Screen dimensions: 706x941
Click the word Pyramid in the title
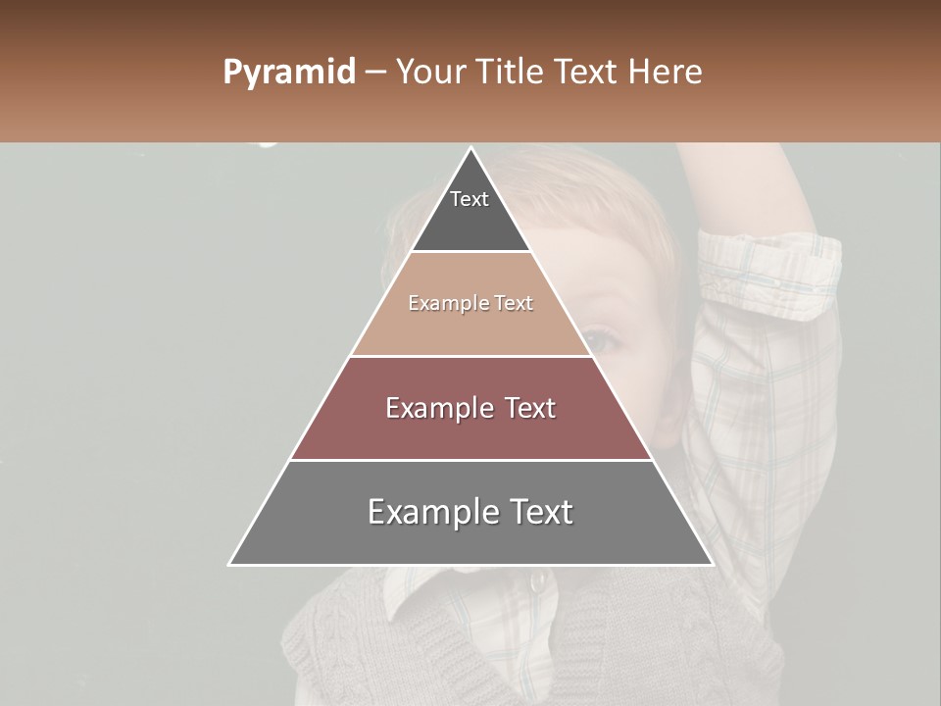pyautogui.click(x=288, y=73)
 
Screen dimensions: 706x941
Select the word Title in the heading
pyautogui.click(x=511, y=73)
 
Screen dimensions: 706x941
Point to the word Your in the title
pyautogui.click(x=429, y=73)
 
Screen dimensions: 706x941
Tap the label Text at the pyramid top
pyautogui.click(x=470, y=199)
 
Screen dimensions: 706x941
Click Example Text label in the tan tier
pyautogui.click(x=470, y=303)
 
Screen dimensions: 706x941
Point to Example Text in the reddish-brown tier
pyautogui.click(x=470, y=408)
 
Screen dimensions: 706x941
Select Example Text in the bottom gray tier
pyautogui.click(x=470, y=512)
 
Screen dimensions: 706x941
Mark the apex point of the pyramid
pyautogui.click(x=470, y=148)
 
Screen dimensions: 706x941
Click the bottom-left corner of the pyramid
pyautogui.click(x=229, y=565)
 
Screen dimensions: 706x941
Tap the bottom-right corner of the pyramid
pyautogui.click(x=713, y=565)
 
